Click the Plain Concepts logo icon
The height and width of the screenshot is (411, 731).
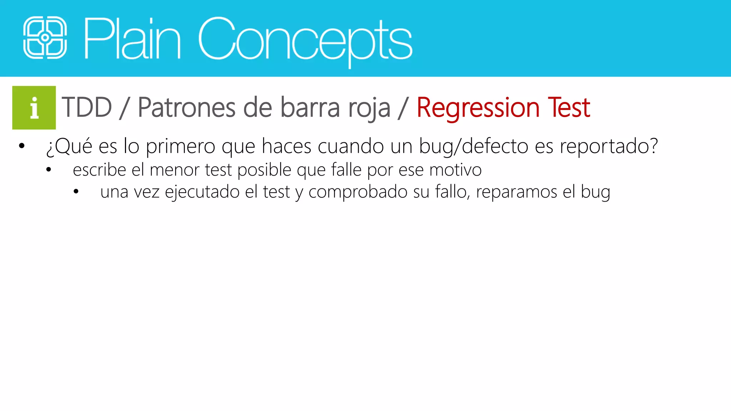click(45, 37)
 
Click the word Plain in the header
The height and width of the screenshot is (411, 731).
click(132, 39)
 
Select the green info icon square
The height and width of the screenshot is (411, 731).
click(34, 107)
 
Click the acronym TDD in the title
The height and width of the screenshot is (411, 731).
click(87, 107)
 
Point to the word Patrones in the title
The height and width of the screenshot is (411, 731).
click(186, 107)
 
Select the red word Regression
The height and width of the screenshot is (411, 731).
click(478, 108)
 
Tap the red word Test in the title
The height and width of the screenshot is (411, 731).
click(569, 107)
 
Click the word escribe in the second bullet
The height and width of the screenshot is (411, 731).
click(99, 170)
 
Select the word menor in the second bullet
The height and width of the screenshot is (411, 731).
click(174, 170)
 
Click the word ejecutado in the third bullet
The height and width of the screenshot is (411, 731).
click(202, 192)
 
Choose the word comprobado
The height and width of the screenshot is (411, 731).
click(358, 192)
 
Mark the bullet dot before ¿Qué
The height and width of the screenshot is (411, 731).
click(22, 146)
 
